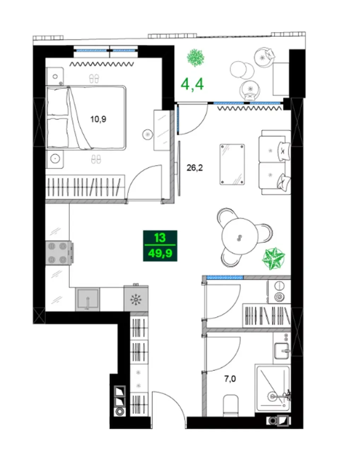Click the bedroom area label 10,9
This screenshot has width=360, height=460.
98,119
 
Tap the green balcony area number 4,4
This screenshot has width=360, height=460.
192,84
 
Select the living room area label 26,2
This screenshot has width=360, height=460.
194,168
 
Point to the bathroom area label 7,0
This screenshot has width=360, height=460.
230,379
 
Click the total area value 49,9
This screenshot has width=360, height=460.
160,253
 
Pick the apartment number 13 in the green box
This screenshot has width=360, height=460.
160,237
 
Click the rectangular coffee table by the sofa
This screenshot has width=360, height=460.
232,165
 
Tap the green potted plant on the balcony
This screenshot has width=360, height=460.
196,58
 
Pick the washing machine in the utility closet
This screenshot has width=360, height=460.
279,292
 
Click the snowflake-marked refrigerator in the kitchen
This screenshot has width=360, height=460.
136,299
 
